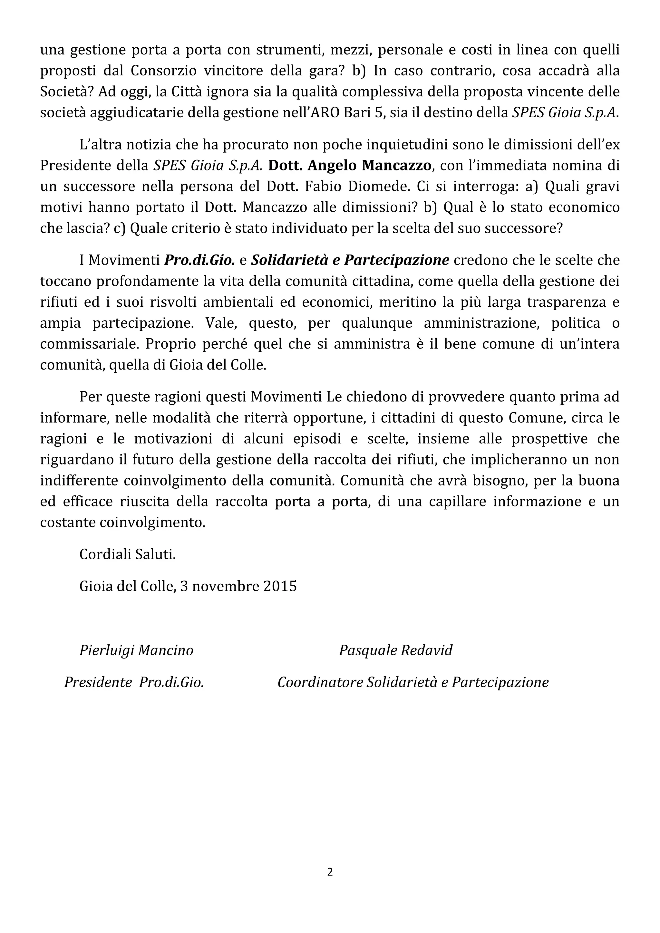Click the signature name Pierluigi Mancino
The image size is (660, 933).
click(x=136, y=650)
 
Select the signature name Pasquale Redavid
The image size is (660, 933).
click(x=395, y=650)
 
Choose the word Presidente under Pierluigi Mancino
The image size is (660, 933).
click(x=98, y=682)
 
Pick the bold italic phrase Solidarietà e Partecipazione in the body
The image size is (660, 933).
click(x=350, y=260)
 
